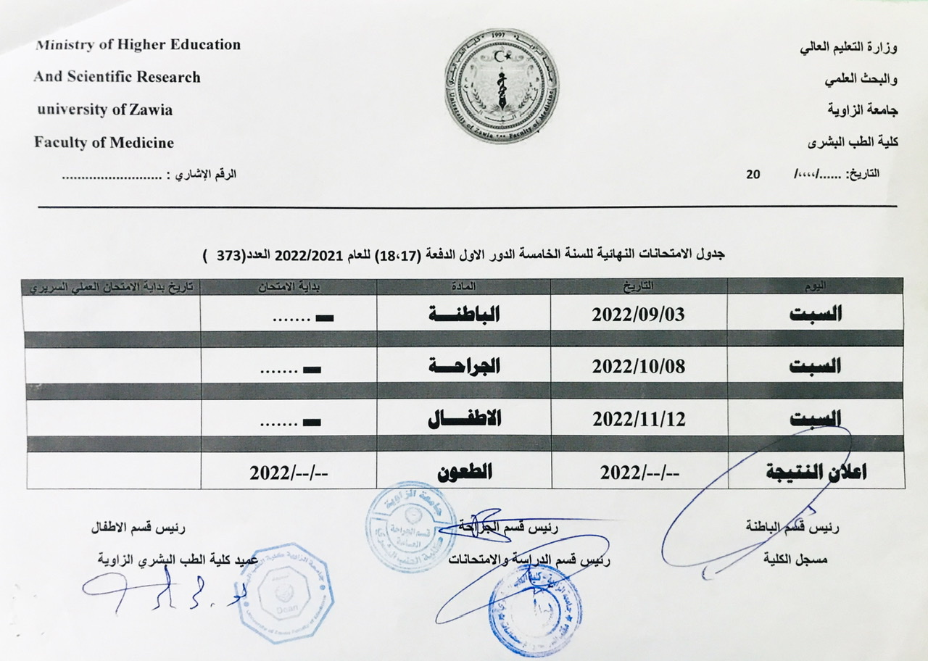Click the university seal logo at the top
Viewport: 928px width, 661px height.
point(502,86)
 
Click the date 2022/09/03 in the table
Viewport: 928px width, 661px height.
point(638,315)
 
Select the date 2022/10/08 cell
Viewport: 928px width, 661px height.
point(638,366)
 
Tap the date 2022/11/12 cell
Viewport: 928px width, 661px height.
point(638,418)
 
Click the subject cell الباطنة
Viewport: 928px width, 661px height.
point(464,315)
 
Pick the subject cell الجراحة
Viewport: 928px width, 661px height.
point(464,366)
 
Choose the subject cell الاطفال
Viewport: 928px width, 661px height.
point(464,418)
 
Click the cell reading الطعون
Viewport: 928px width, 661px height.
point(464,472)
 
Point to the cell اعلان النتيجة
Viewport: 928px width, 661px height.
point(816,472)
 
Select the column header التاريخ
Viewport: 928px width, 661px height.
point(638,286)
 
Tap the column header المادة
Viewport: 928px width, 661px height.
point(463,286)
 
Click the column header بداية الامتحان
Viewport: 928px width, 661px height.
point(289,286)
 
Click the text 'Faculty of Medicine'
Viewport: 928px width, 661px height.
point(104,143)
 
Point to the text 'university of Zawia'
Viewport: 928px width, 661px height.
point(105,110)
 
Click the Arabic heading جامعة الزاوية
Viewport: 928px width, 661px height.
point(863,110)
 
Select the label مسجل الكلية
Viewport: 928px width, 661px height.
point(795,560)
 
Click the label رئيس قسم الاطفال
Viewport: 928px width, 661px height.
point(137,528)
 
